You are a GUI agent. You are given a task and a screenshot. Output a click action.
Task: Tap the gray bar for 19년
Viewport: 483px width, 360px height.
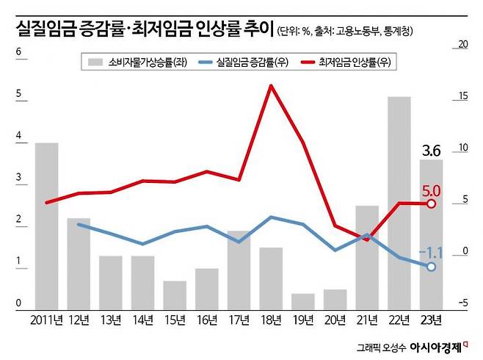click(x=302, y=302)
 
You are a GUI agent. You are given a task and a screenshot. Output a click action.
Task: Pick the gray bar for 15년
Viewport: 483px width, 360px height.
click(x=175, y=295)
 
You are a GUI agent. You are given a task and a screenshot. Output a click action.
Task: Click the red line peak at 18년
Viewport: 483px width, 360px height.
click(x=271, y=86)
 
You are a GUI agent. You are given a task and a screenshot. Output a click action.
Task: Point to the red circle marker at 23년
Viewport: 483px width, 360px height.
click(x=432, y=204)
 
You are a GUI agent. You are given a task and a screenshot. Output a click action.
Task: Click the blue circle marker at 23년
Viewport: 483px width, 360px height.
click(x=432, y=267)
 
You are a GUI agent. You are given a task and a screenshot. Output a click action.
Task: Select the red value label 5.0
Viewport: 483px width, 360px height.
click(x=432, y=190)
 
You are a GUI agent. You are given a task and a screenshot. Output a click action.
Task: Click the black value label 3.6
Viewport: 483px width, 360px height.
click(x=432, y=151)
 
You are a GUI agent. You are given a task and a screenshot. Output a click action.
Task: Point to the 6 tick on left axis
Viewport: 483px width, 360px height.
click(x=18, y=52)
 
